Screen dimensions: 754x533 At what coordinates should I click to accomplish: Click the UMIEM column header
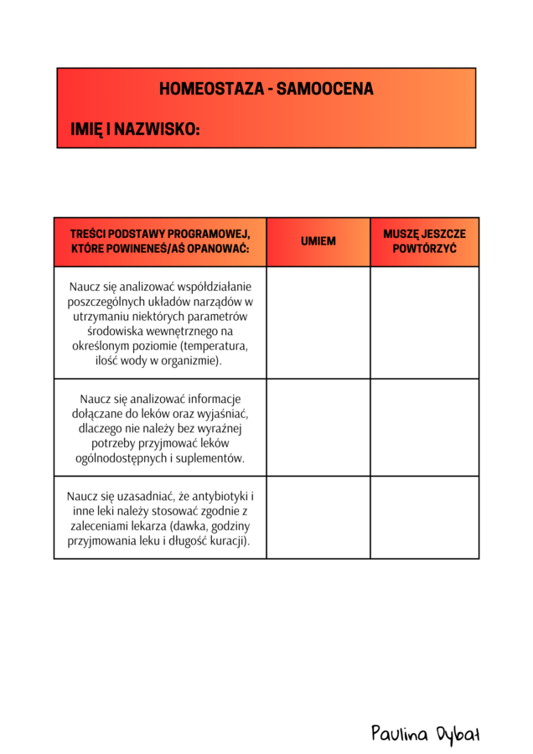pyautogui.click(x=318, y=241)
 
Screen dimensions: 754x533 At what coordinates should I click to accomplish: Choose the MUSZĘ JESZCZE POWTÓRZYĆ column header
pyautogui.click(x=424, y=241)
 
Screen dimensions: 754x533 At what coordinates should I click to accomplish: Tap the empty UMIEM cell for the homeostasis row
pyautogui.click(x=318, y=323)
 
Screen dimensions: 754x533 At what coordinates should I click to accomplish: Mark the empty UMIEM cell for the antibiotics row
pyautogui.click(x=318, y=517)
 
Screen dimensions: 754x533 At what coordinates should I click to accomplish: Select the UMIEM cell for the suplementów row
pyautogui.click(x=318, y=427)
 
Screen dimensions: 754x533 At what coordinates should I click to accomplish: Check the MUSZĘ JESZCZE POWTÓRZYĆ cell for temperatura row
pyautogui.click(x=424, y=323)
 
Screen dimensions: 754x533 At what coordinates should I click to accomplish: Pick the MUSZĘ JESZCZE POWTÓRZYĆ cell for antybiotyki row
pyautogui.click(x=424, y=517)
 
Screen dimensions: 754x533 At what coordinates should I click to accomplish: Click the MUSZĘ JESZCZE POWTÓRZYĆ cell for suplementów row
pyautogui.click(x=424, y=427)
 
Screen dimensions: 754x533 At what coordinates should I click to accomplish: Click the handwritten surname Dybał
pyautogui.click(x=458, y=735)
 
